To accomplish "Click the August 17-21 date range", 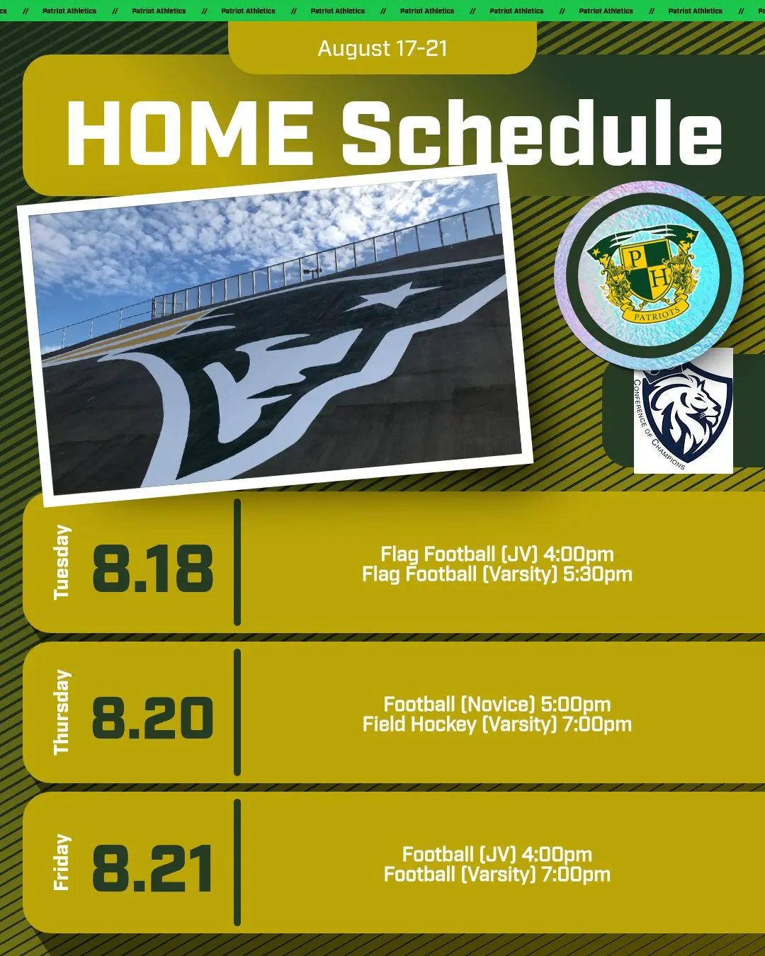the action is (382, 48).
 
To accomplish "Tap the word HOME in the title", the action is (190, 133).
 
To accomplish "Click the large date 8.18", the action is (153, 568).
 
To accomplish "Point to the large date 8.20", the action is (153, 718).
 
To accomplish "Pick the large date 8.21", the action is (152, 868).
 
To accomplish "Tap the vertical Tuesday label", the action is (62, 562).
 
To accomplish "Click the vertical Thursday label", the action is (62, 712).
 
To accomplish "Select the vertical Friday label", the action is (62, 863).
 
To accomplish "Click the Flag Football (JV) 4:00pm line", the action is (497, 554).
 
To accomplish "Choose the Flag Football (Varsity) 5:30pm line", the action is (497, 574).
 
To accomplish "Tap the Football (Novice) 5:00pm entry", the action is (497, 704).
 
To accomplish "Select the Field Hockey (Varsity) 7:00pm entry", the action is (497, 724).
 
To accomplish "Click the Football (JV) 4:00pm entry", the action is (497, 854).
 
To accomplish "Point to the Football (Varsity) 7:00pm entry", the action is (497, 875).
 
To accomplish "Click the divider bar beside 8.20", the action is (237, 712).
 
